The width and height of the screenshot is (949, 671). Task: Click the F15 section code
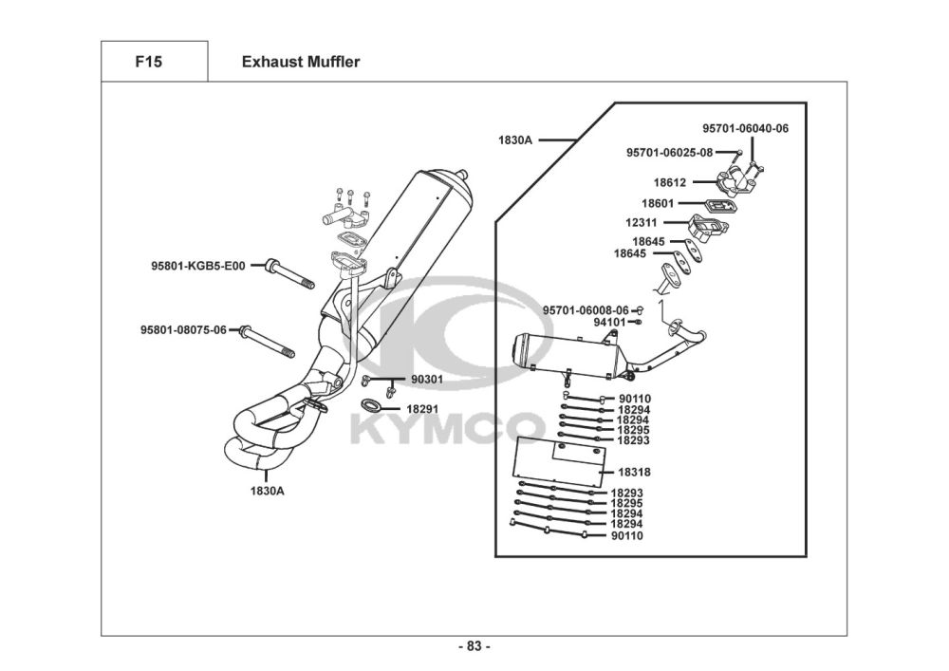pos(149,62)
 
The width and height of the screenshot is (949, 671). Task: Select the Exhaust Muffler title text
pos(301,62)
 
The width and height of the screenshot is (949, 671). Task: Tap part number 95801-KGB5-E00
pos(198,266)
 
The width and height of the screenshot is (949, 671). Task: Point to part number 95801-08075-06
pos(183,329)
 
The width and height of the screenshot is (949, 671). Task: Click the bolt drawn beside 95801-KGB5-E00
pos(289,274)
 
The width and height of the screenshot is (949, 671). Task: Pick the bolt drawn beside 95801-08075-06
pos(267,342)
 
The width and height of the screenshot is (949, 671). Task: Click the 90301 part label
pos(427,380)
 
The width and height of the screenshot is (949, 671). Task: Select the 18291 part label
pos(422,409)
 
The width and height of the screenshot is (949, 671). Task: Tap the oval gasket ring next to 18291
pos(371,404)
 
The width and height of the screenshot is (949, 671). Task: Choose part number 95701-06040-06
pos(746,128)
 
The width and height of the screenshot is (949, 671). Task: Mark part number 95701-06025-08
pos(669,153)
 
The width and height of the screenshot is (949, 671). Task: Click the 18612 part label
pos(670,182)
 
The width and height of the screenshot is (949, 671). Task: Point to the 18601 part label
pos(658,203)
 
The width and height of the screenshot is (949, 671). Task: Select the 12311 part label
pos(642,223)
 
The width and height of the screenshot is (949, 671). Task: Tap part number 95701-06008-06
pos(586,310)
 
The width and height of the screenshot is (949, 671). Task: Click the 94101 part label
pos(609,322)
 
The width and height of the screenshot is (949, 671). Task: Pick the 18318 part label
pos(634,472)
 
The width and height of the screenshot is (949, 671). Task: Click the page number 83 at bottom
pos(474,646)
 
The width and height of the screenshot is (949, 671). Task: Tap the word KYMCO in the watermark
pos(445,428)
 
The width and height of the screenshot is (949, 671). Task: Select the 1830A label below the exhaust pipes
pos(267,491)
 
